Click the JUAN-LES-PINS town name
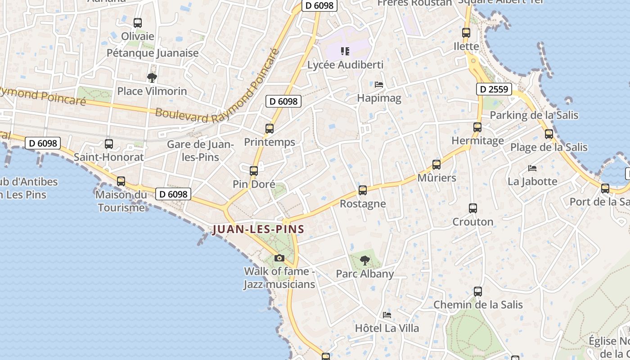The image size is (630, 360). pyautogui.click(x=258, y=229)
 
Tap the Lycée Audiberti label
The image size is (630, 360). pyautogui.click(x=345, y=65)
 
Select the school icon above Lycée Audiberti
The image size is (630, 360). pyautogui.click(x=345, y=51)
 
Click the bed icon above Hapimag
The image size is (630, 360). pyautogui.click(x=379, y=84)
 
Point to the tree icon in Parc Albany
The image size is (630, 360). pyautogui.click(x=365, y=260)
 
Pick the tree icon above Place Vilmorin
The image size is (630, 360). pyautogui.click(x=152, y=77)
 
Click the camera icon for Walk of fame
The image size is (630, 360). pyautogui.click(x=279, y=258)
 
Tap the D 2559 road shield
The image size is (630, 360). pyautogui.click(x=494, y=89)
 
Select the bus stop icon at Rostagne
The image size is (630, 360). pyautogui.click(x=363, y=190)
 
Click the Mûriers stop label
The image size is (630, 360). pyautogui.click(x=436, y=178)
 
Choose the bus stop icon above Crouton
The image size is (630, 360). pyautogui.click(x=473, y=208)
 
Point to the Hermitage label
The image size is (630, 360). pyautogui.click(x=477, y=141)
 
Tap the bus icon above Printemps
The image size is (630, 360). pyautogui.click(x=270, y=129)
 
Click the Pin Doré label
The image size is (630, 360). pyautogui.click(x=254, y=184)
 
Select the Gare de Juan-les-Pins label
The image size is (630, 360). pyautogui.click(x=200, y=151)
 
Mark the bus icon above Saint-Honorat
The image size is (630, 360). pyautogui.click(x=109, y=144)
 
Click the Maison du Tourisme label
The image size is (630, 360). pyautogui.click(x=121, y=201)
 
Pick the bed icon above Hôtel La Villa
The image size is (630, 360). pyautogui.click(x=387, y=315)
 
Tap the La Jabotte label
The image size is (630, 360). pyautogui.click(x=532, y=181)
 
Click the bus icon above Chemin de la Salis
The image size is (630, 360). pyautogui.click(x=478, y=292)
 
